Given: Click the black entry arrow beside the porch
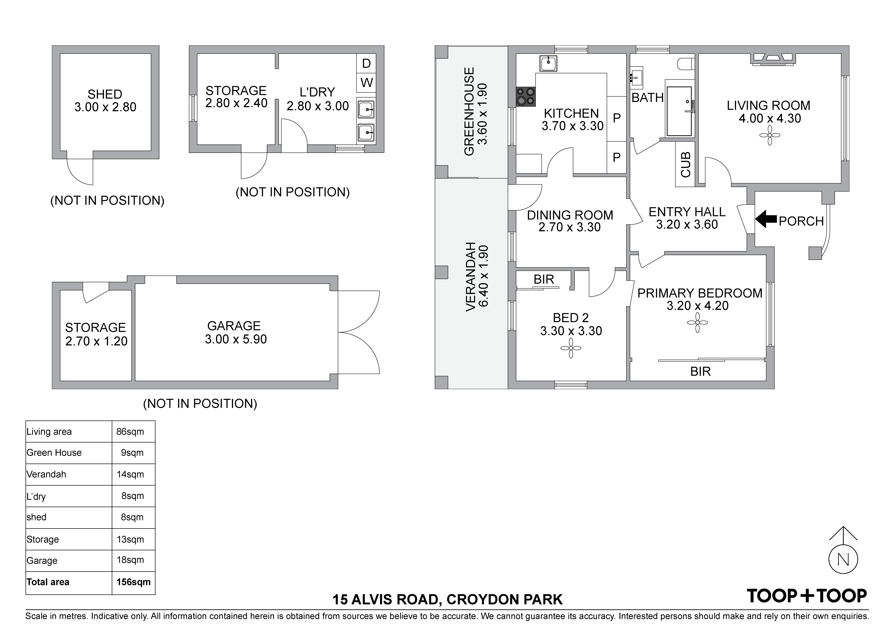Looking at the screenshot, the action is click(766, 219).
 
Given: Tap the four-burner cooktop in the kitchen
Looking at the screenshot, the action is click(526, 97).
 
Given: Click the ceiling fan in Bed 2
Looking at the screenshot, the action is click(571, 348).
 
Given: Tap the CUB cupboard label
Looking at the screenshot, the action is click(685, 164).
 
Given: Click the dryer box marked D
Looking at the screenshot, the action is click(366, 63).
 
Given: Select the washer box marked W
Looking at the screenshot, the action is click(366, 83).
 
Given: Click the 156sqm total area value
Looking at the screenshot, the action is click(133, 582).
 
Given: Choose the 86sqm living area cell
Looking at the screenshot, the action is click(130, 431).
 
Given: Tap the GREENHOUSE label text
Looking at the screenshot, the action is click(469, 112).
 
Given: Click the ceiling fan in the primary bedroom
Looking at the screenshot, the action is click(697, 323).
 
